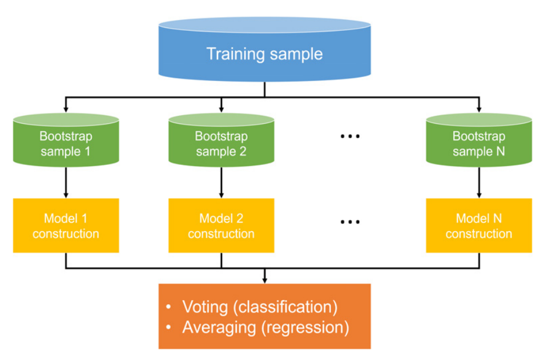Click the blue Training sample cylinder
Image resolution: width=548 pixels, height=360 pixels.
[264, 49]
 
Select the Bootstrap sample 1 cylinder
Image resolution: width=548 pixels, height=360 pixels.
[66, 140]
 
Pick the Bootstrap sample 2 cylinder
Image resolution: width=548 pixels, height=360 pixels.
[221, 140]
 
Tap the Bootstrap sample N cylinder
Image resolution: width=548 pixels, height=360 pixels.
[479, 140]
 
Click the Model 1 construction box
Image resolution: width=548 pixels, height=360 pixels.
[66, 225]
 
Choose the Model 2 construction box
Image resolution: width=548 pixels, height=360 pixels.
[221, 225]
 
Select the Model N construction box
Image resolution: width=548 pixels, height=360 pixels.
[479, 225]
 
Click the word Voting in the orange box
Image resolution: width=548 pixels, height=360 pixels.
[205, 308]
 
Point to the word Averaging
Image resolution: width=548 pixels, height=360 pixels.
[219, 327]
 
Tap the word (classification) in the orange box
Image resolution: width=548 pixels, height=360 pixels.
[285, 308]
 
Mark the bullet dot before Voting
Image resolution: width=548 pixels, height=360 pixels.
[169, 307]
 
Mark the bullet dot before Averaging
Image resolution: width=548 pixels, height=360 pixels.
[169, 327]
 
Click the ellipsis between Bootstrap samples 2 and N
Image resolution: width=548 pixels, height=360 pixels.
[350, 136]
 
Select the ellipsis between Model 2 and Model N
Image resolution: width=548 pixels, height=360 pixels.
[350, 222]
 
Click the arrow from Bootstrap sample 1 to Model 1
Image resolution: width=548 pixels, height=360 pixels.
[66, 183]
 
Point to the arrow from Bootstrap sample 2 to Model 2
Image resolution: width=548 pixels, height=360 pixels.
[221, 183]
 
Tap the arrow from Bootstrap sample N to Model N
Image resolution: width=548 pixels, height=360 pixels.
[479, 183]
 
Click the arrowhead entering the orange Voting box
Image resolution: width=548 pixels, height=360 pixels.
[264, 281]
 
